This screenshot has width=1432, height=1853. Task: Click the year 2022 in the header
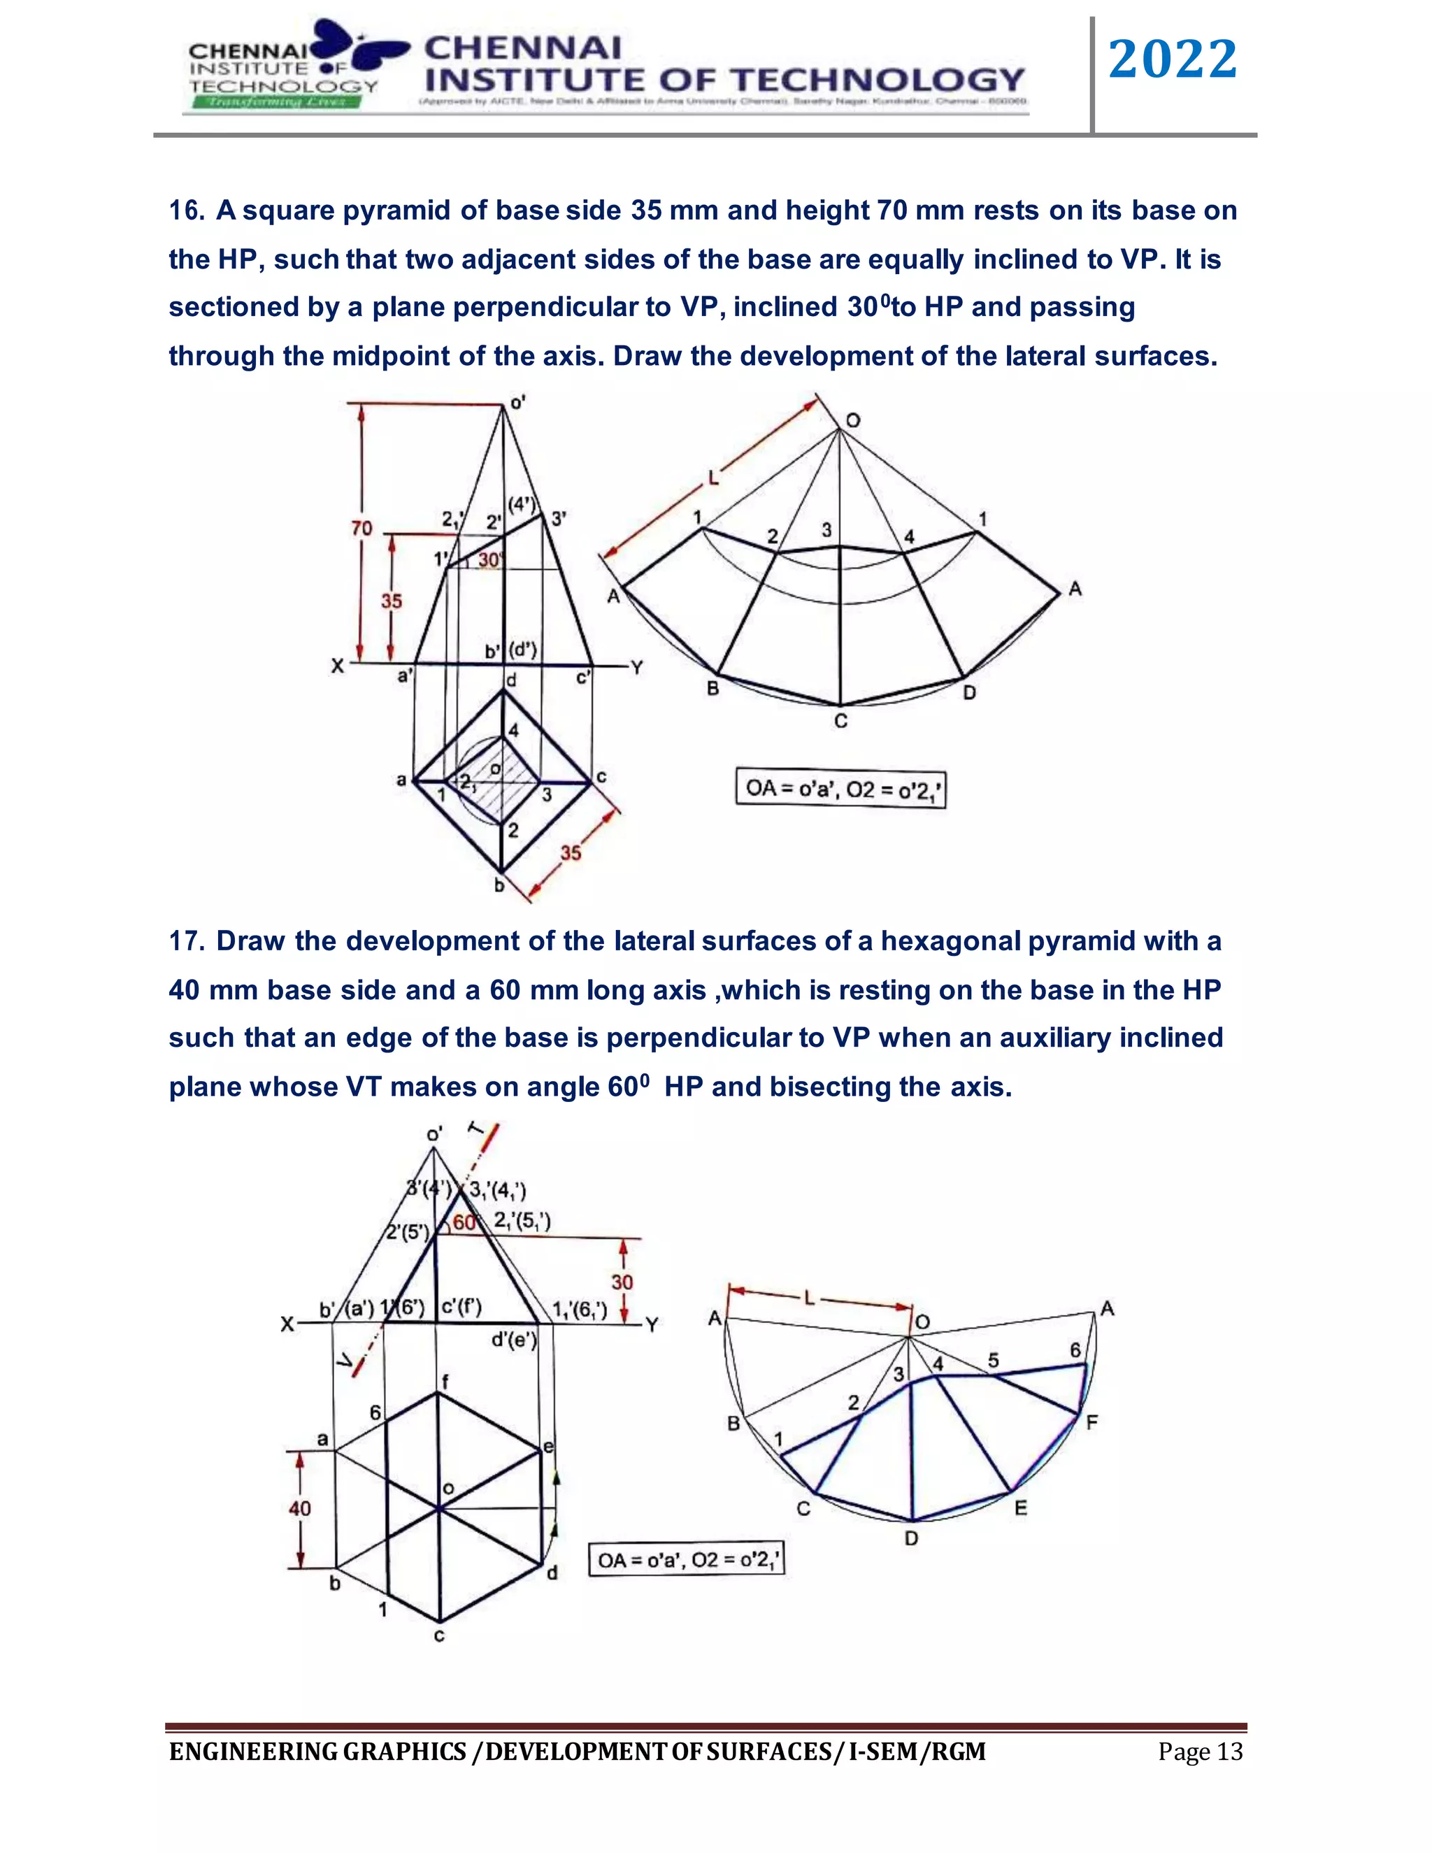point(1173,60)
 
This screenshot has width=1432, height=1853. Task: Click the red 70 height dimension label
point(362,529)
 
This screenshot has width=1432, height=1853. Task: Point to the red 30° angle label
point(490,560)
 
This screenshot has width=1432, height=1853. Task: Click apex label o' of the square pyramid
point(517,402)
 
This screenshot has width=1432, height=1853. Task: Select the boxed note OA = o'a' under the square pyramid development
point(840,789)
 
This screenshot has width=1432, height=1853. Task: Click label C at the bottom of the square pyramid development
point(840,722)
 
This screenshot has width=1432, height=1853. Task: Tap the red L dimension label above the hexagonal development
point(808,1298)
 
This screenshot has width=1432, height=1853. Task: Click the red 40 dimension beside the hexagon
point(299,1508)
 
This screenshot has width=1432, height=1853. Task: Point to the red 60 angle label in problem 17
point(464,1222)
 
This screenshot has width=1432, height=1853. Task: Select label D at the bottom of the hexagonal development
point(911,1538)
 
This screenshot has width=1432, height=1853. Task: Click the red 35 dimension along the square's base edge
point(571,852)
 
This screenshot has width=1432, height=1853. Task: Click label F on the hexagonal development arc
point(1091,1423)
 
